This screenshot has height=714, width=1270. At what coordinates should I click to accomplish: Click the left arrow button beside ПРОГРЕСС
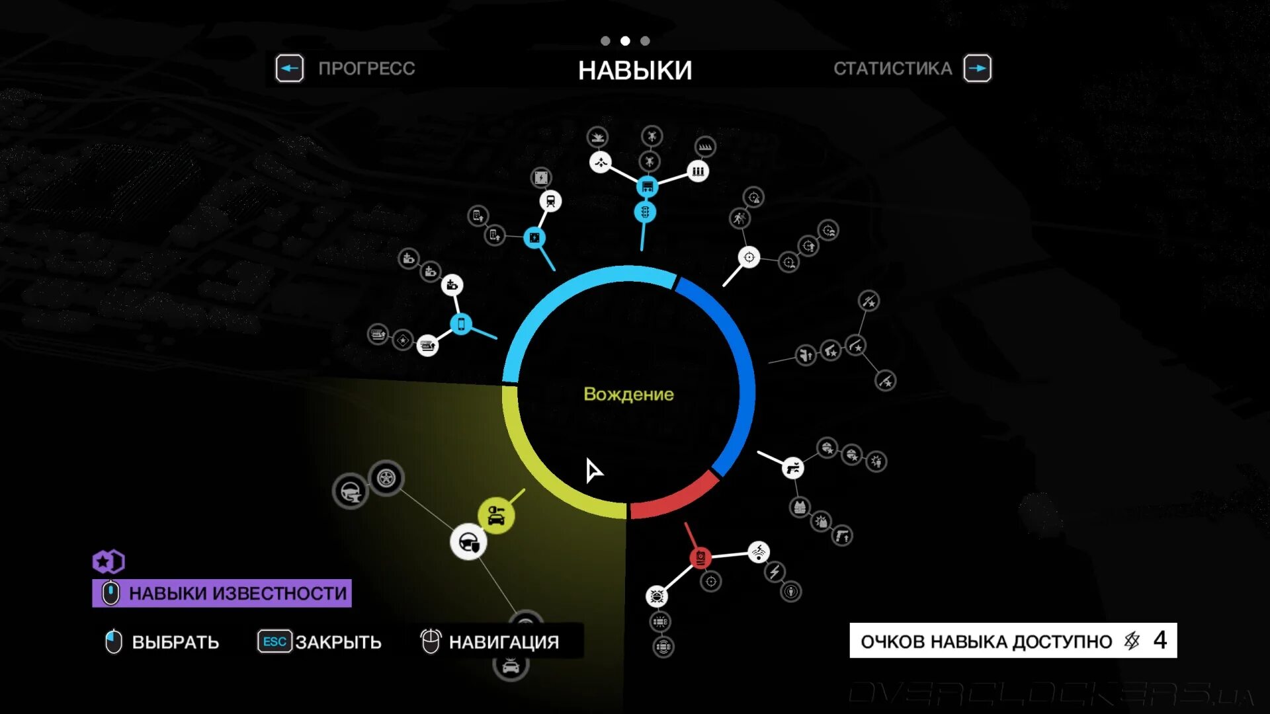pos(290,68)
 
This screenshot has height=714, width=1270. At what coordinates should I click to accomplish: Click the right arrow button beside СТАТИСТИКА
pos(977,68)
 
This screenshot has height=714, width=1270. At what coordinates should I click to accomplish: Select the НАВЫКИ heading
pos(635,70)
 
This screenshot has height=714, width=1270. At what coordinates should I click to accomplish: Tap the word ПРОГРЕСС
pos(366,68)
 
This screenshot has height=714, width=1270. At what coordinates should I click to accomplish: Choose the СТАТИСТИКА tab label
pos(892,68)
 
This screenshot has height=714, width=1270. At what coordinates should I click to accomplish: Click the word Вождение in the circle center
pos(628,394)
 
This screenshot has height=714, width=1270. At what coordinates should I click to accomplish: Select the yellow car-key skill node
pos(495,515)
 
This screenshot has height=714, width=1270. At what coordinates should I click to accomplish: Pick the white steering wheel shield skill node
pos(468,543)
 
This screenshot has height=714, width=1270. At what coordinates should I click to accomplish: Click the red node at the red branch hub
pos(700,557)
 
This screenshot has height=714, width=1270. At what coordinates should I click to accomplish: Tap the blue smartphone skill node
pos(461,324)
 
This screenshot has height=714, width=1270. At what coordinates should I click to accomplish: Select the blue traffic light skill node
pos(645,212)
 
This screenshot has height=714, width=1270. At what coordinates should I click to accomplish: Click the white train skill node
pos(550,201)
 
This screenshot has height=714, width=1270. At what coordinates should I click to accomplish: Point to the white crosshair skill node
pos(749,257)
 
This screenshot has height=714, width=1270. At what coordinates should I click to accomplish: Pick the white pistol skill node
pos(792,468)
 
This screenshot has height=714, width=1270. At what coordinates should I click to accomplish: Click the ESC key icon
pos(275,641)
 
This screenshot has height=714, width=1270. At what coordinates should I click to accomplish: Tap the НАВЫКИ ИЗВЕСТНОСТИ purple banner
pos(222,593)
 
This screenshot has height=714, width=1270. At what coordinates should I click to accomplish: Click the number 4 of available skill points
pos(1160,640)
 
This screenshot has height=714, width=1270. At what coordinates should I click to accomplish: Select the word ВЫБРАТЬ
pos(175,642)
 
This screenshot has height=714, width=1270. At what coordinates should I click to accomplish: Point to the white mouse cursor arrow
pos(593,470)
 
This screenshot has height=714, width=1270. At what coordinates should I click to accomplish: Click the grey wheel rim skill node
pos(386,477)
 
